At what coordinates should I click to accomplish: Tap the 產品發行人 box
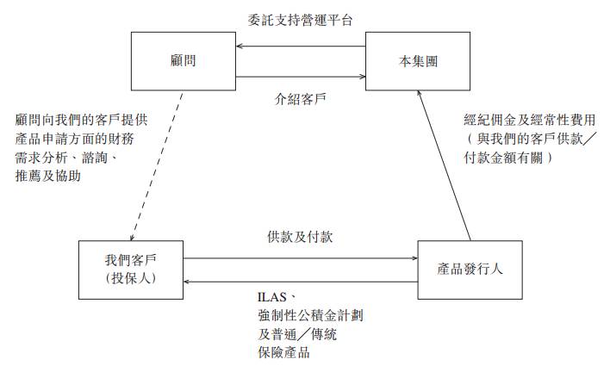[470, 267]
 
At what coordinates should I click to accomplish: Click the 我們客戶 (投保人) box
[129, 268]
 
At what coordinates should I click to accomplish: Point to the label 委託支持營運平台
[299, 17]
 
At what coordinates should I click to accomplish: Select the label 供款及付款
[299, 237]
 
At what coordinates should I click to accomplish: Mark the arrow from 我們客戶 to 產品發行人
[299, 257]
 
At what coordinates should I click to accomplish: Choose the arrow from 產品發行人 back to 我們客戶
[299, 281]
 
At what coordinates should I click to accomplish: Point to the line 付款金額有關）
[508, 159]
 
